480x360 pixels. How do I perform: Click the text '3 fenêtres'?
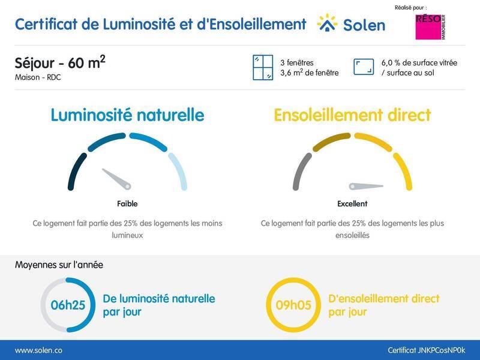point(296,62)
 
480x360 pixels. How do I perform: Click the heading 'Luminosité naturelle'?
point(127,115)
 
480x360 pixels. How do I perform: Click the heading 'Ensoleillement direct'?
point(352,115)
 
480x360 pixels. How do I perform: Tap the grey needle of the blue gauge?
point(118,179)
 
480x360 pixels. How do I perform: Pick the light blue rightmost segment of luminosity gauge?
point(179,170)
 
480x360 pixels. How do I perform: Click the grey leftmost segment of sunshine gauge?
point(301,171)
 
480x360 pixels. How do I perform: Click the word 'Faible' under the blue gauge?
point(127,204)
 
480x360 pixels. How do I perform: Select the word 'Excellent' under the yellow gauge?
point(352,204)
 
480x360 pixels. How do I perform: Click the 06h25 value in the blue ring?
point(68,305)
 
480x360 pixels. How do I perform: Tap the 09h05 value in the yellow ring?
point(293,305)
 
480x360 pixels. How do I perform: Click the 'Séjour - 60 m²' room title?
point(60,64)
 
